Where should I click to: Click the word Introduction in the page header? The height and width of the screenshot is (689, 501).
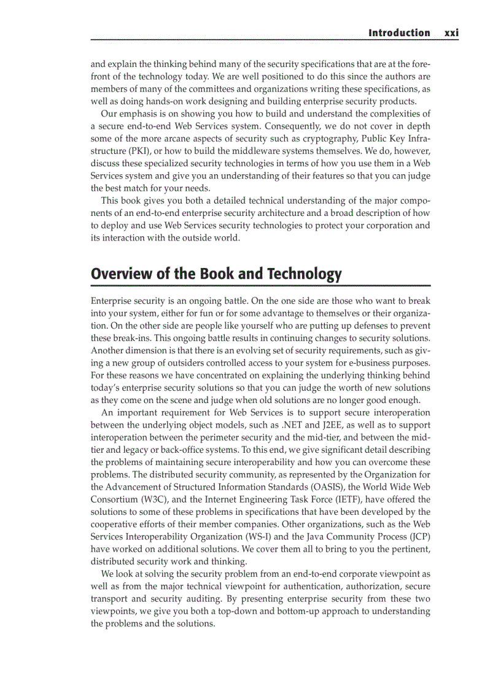pyautogui.click(x=399, y=33)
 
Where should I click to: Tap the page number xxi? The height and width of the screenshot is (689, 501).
pyautogui.click(x=452, y=33)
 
